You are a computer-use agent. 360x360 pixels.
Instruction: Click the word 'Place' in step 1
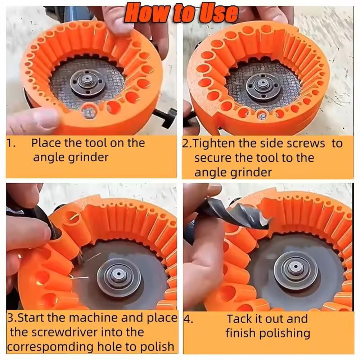click(x=45, y=143)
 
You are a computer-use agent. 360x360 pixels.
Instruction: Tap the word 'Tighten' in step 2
click(x=213, y=143)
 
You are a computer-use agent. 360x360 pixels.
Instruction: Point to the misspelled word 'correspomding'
click(x=51, y=347)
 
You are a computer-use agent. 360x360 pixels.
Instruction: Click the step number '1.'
click(x=11, y=143)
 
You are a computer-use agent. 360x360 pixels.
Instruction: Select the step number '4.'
click(x=189, y=319)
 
